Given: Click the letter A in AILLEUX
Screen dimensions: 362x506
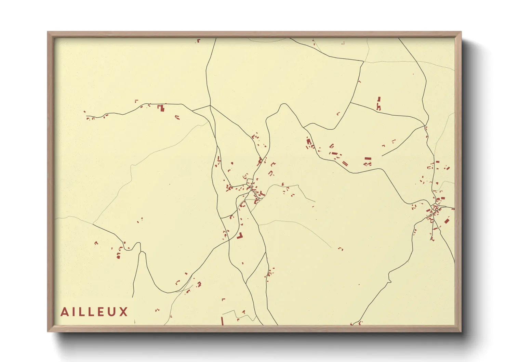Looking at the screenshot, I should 64,312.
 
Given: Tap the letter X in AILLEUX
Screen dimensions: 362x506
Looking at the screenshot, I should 123,312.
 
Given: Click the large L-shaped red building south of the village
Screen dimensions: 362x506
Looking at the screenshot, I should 240,236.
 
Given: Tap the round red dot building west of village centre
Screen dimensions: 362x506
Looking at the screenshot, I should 232,163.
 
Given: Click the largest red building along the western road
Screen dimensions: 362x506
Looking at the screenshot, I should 161,108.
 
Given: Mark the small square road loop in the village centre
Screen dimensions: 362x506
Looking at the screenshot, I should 250,182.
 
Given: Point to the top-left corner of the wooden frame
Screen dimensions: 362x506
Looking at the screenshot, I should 48,32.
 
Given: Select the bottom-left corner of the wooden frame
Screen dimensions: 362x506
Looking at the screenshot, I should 48,331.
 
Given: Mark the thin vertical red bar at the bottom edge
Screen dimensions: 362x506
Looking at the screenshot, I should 222,321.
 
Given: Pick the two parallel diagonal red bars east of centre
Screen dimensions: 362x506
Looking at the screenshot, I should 345,163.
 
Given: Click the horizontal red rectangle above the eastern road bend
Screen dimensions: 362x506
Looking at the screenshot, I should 368,159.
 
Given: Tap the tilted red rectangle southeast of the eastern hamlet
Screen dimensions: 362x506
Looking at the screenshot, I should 447,220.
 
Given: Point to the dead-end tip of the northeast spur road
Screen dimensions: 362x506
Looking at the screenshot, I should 382,156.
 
